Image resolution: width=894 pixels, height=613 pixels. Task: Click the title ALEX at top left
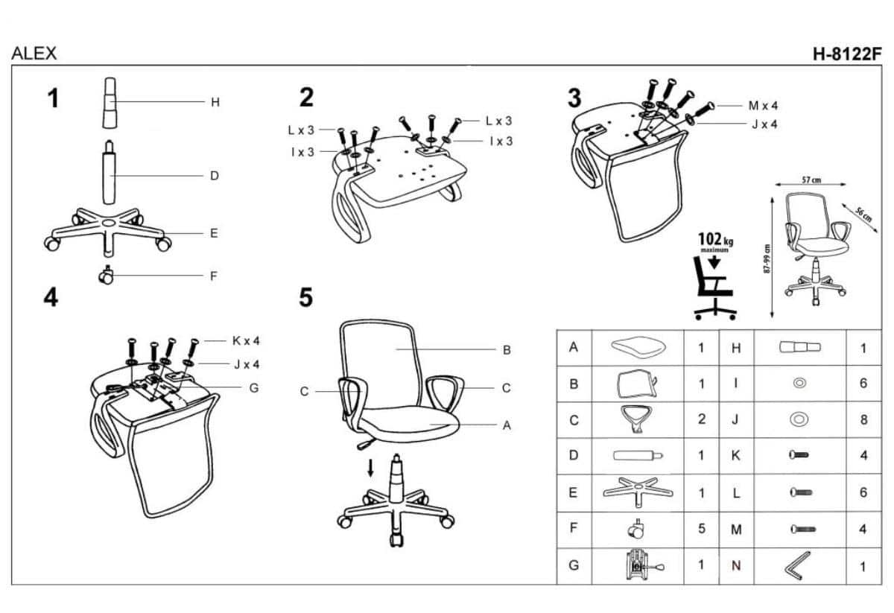click(34, 54)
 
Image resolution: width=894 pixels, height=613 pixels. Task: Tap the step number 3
click(574, 98)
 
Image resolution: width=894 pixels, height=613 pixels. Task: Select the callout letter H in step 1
click(215, 102)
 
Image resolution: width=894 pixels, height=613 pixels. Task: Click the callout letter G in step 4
click(254, 387)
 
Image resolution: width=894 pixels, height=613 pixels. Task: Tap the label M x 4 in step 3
click(763, 106)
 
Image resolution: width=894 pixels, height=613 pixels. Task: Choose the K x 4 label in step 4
click(246, 341)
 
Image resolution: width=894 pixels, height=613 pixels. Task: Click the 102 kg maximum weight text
click(714, 240)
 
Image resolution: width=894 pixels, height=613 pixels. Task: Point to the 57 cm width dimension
click(811, 180)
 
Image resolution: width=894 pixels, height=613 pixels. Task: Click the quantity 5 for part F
click(701, 529)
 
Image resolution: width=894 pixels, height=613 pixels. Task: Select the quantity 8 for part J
click(863, 419)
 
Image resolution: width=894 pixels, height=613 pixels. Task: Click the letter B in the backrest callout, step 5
click(506, 349)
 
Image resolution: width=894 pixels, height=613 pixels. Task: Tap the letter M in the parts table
click(736, 529)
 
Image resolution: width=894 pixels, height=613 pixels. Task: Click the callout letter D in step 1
click(214, 177)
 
